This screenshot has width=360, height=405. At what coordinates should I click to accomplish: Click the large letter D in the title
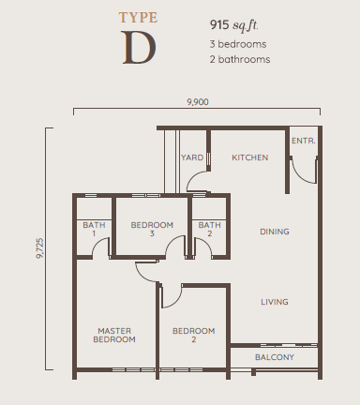tap(139, 48)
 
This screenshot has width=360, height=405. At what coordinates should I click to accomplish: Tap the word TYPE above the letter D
tap(138, 18)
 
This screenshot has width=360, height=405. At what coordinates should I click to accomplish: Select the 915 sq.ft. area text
tap(234, 25)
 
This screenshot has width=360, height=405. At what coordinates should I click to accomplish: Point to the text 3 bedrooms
tap(238, 44)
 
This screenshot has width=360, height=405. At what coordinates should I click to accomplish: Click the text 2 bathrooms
tap(240, 59)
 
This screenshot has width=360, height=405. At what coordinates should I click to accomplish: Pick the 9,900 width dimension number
tap(198, 102)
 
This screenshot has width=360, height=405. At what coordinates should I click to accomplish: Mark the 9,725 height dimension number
tap(40, 248)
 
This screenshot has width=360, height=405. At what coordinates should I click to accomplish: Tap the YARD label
tap(192, 157)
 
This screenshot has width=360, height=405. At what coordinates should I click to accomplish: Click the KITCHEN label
tap(250, 157)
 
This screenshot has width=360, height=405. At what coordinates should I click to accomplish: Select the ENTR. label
tap(304, 141)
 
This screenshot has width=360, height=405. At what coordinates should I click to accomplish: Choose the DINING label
tap(275, 232)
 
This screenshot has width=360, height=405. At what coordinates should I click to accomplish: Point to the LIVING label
tap(275, 302)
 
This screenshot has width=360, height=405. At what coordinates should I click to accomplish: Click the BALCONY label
tap(275, 357)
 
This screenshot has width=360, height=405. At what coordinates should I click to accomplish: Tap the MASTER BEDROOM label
tap(114, 335)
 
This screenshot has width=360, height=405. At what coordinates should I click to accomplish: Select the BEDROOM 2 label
tap(194, 335)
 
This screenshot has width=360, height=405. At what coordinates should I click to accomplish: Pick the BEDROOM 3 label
tap(152, 229)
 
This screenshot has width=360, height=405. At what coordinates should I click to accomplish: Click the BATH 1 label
tap(94, 229)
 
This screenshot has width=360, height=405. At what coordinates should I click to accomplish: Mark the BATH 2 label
tap(209, 229)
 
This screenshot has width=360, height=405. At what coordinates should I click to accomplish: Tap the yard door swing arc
tap(193, 177)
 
